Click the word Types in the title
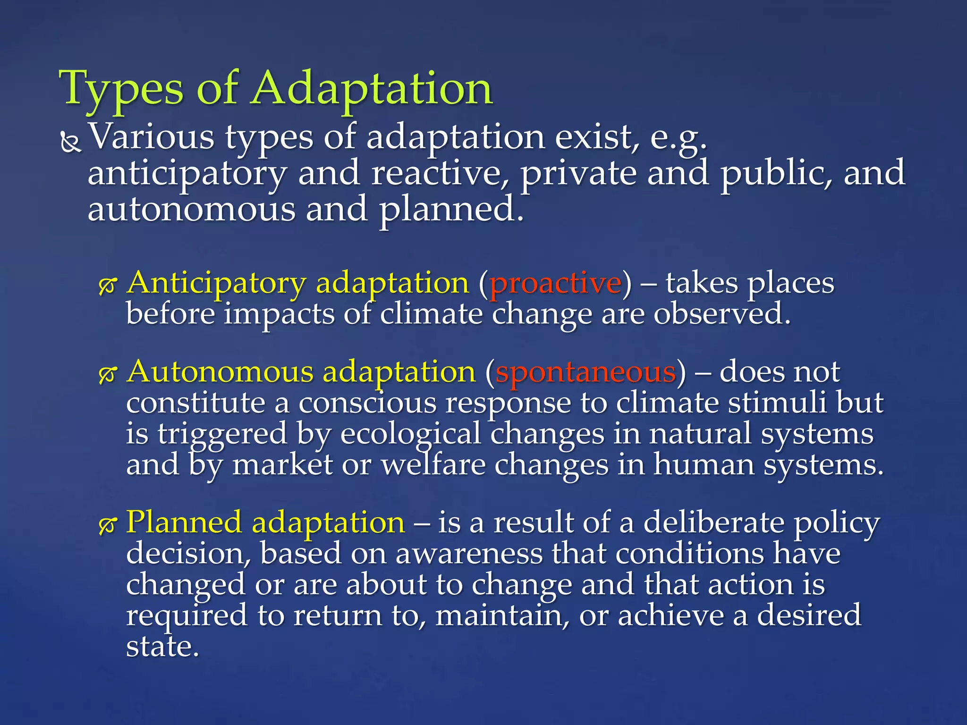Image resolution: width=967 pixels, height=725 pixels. point(121,89)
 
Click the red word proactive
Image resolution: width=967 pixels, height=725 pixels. point(555,284)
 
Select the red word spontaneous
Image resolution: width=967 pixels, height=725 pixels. point(585,372)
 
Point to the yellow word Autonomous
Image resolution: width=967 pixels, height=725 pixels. point(220,372)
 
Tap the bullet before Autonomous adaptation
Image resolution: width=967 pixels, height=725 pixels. point(108,374)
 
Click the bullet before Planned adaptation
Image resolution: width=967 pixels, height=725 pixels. point(108,525)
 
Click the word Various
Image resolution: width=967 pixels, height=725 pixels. point(152,137)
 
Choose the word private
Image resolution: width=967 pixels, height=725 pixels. point(578,173)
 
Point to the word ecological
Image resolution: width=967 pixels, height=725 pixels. point(410,434)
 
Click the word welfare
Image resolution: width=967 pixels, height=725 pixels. point(433,465)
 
